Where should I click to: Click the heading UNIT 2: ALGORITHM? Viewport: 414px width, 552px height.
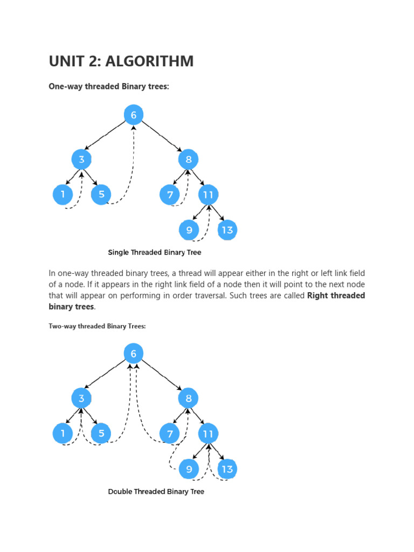click(x=121, y=61)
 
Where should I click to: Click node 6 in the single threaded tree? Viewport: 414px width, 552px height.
click(x=134, y=115)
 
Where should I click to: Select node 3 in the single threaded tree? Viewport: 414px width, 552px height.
click(x=81, y=160)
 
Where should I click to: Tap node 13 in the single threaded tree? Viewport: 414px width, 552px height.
click(x=227, y=230)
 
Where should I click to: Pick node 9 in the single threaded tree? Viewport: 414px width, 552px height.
click(x=189, y=230)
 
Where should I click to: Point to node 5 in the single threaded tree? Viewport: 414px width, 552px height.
click(x=101, y=195)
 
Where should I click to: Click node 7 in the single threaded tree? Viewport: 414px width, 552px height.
click(x=170, y=195)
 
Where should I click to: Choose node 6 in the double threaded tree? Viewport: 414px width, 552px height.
click(x=134, y=354)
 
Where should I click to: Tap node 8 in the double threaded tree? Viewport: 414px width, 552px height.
click(x=189, y=398)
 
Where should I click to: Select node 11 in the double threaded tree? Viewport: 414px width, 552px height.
click(x=208, y=433)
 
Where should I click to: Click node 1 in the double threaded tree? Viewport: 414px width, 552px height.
click(x=63, y=433)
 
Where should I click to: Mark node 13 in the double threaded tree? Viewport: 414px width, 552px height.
click(x=227, y=469)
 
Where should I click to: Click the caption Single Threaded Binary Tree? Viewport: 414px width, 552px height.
click(x=155, y=252)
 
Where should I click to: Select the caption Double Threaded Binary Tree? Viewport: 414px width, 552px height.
click(x=156, y=492)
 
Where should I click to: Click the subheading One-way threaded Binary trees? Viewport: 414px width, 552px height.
click(x=109, y=87)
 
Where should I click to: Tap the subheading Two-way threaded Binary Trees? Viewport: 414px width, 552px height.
click(x=98, y=326)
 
